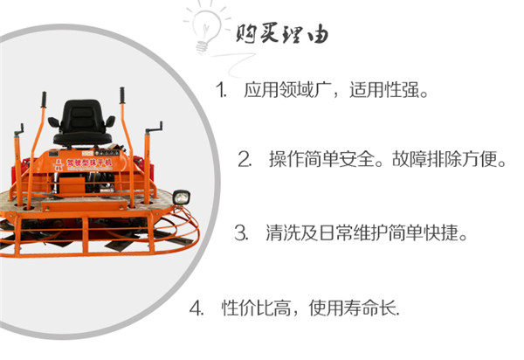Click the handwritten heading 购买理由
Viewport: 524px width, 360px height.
[282, 33]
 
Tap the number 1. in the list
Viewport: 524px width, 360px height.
[221, 90]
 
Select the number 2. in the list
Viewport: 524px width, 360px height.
[245, 159]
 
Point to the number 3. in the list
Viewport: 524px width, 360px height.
[241, 233]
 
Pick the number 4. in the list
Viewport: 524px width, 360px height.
[196, 308]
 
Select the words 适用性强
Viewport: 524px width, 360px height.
[384, 90]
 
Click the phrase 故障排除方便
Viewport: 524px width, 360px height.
[445, 159]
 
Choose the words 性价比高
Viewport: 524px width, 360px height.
[256, 308]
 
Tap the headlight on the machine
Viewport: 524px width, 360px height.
[182, 197]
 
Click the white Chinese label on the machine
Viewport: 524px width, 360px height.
[89, 163]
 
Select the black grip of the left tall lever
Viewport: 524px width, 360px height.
[44, 100]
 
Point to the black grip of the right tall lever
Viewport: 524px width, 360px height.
[122, 95]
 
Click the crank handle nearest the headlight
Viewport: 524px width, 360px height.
[154, 129]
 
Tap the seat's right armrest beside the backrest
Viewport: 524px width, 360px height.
[110, 121]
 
